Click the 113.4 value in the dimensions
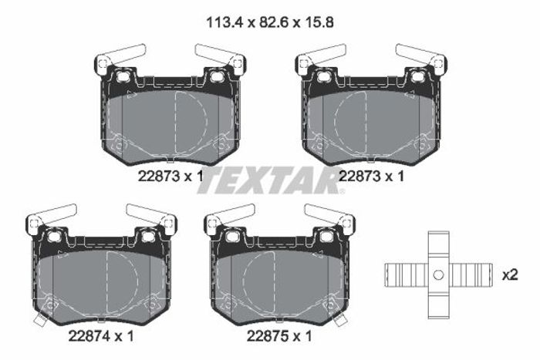[x=224, y=22]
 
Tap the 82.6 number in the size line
[x=271, y=22]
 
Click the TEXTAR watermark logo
[x=268, y=180]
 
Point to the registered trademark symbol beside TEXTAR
[x=342, y=192]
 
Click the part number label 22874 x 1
[x=101, y=336]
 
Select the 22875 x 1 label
[x=279, y=336]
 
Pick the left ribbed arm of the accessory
[x=407, y=274]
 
